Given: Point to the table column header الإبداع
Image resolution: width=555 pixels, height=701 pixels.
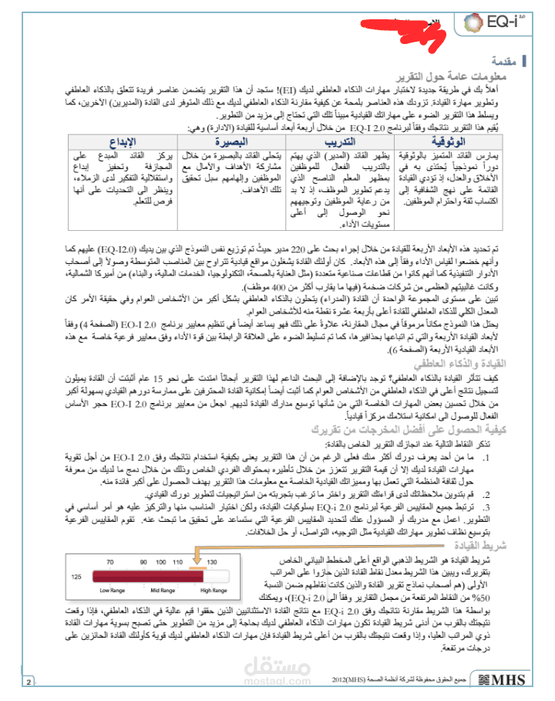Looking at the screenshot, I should pyautogui.click(x=123, y=143).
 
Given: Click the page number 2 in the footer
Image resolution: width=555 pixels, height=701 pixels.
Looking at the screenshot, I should pyautogui.click(x=29, y=682).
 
